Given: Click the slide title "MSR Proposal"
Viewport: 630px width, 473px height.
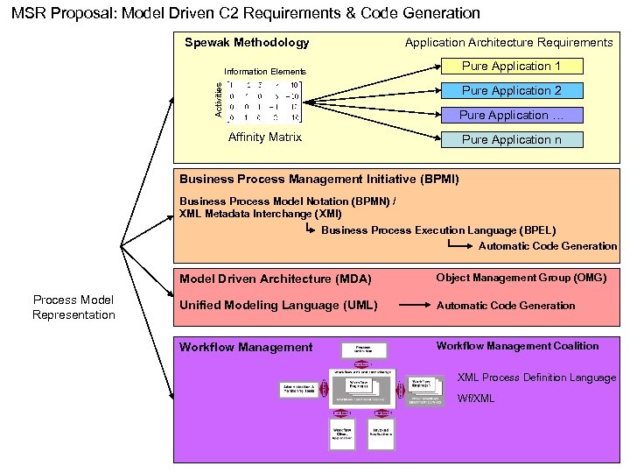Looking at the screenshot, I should point(246,13).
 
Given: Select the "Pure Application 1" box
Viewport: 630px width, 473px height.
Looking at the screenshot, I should point(511,67).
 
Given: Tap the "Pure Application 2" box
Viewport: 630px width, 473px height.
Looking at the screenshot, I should point(511,91).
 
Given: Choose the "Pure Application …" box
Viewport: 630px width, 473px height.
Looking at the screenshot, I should point(511,116).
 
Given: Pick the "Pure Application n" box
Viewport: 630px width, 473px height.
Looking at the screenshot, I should point(511,140).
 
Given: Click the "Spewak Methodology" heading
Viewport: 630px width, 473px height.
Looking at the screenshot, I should point(247,43).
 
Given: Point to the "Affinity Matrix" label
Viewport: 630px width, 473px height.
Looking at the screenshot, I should point(264,138).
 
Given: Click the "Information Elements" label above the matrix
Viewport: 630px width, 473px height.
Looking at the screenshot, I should point(265,72).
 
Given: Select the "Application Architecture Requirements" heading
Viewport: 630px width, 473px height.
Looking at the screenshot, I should point(508,43).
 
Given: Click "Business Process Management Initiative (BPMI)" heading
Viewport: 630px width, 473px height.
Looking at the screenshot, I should point(318,180).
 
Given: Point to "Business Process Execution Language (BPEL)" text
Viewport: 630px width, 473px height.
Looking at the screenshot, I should point(438,231).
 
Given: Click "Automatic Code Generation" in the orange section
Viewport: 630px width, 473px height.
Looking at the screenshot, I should point(548,246).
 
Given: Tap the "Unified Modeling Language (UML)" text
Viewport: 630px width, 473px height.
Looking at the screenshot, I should point(278,306).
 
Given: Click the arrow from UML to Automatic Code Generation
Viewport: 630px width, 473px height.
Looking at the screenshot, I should point(413,306).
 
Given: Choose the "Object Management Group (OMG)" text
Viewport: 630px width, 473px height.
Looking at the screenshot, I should point(521,278).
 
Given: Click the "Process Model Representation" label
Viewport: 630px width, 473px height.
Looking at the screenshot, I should point(73,307).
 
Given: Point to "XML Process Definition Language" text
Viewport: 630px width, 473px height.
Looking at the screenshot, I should point(536,378).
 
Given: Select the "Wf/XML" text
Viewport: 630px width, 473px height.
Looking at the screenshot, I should point(476,399).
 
